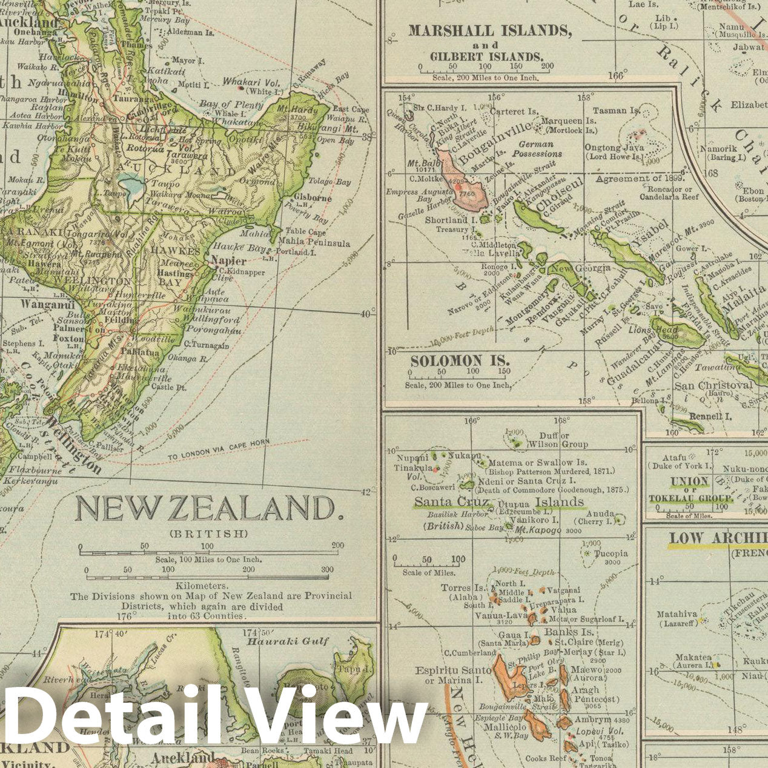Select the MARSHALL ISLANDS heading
pyautogui.click(x=489, y=30)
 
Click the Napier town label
pyautogui.click(x=228, y=261)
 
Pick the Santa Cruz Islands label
pyautogui.click(x=498, y=502)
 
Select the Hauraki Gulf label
pyautogui.click(x=288, y=641)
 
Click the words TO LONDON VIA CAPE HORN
pyautogui.click(x=218, y=451)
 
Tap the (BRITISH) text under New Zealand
pyautogui.click(x=208, y=534)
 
